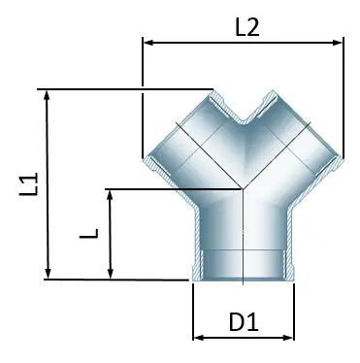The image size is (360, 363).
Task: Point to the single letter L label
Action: pos(89,236)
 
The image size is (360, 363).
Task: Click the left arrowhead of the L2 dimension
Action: pos(148,42)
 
